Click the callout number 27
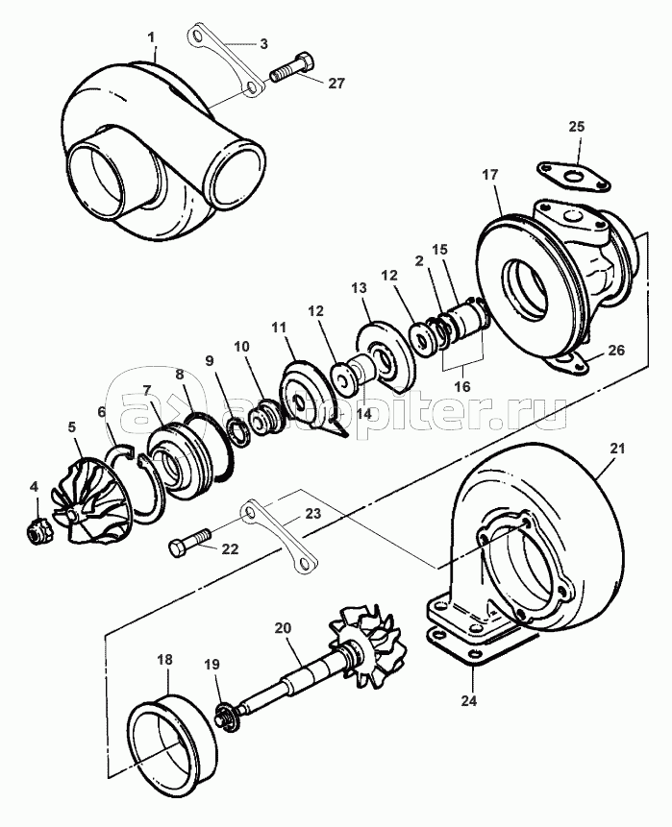click(x=336, y=84)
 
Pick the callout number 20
click(x=283, y=628)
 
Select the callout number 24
click(x=469, y=700)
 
